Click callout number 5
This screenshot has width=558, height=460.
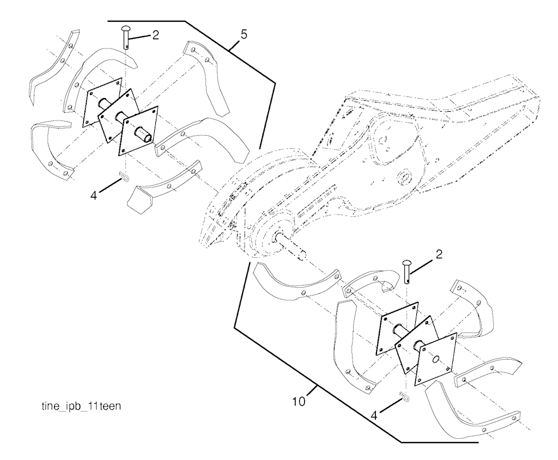[244, 35]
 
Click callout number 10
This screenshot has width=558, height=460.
[299, 402]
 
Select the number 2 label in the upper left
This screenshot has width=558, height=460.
[155, 35]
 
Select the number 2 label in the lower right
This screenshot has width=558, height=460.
[439, 255]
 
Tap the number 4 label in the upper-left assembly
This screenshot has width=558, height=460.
[94, 196]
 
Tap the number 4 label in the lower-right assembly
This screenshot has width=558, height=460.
[374, 415]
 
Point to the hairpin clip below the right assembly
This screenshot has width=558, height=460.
[404, 396]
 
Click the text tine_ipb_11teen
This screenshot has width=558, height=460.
[81, 406]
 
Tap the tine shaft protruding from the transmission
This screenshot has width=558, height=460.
[291, 246]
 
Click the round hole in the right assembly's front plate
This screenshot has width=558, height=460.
[435, 360]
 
